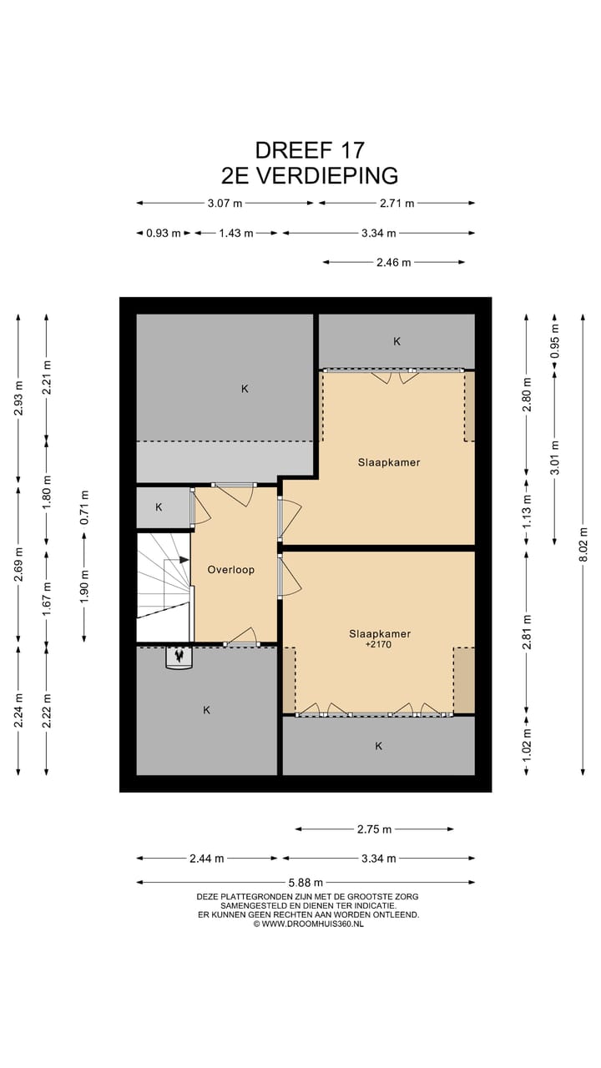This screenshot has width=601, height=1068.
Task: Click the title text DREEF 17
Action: tap(310, 150)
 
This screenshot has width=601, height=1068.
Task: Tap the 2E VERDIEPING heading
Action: tap(310, 175)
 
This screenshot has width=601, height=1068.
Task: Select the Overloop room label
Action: tap(231, 569)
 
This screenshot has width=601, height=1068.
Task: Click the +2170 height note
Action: tap(378, 645)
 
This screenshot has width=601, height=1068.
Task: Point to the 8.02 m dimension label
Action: tap(583, 544)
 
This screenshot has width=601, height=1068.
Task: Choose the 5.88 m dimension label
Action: tap(306, 883)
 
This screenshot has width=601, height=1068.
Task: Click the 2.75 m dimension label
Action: tap(375, 829)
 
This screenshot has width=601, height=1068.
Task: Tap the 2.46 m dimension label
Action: tap(393, 262)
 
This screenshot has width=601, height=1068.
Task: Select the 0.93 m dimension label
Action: tap(164, 233)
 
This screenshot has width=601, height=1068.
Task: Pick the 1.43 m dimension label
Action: tap(236, 233)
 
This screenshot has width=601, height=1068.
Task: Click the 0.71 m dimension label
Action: tap(84, 507)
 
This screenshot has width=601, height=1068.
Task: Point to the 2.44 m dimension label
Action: tap(206, 859)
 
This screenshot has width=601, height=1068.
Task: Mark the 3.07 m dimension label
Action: tap(225, 204)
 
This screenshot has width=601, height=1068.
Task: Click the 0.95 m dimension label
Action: tap(555, 341)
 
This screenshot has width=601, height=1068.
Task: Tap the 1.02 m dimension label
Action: tap(527, 746)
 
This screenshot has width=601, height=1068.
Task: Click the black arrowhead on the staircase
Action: tap(184, 560)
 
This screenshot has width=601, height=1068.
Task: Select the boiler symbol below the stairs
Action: tap(179, 657)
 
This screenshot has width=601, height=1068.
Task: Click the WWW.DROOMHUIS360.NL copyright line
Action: tap(308, 924)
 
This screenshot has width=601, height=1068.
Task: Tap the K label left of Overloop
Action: tap(159, 506)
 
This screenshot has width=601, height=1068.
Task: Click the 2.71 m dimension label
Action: tap(396, 204)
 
